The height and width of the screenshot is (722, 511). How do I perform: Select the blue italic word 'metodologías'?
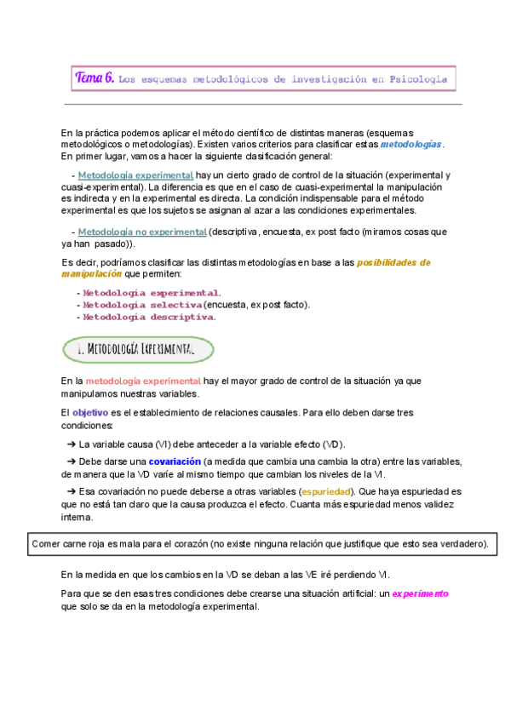point(411,145)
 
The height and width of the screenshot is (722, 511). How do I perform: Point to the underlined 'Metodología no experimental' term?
point(142,232)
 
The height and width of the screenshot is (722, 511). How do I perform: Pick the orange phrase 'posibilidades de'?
point(393,262)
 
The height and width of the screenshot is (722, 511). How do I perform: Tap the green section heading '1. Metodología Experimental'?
point(138,349)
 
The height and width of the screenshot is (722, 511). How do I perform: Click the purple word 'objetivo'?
point(90,412)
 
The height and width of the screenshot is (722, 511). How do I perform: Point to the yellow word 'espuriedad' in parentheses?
point(327,492)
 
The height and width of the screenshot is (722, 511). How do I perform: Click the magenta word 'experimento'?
point(420,593)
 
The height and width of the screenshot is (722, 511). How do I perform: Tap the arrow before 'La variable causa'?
point(71,444)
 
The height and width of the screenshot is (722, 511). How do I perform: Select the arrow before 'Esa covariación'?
point(71,492)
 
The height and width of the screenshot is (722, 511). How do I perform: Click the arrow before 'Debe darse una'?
point(71,461)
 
